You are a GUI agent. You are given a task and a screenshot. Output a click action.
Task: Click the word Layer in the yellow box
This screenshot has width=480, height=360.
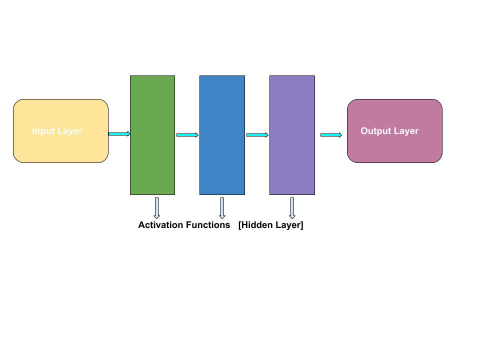[x=69, y=131]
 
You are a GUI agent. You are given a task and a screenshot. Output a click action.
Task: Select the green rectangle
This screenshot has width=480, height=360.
[x=152, y=135]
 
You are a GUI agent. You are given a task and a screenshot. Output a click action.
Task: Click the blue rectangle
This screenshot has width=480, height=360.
[x=222, y=135]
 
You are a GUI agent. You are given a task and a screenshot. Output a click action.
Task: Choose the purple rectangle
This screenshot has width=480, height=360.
[x=292, y=135]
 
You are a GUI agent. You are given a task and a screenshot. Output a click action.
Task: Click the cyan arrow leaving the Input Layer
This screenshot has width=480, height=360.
[x=119, y=134]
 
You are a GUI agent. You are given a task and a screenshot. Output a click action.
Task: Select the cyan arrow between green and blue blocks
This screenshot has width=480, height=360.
[x=187, y=135]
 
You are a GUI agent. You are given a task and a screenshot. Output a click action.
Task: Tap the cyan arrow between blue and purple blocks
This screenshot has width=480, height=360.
[x=257, y=135]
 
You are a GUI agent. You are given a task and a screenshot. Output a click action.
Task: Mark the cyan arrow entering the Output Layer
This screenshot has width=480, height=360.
[x=330, y=135]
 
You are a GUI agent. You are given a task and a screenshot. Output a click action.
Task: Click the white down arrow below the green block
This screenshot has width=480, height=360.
[x=156, y=207]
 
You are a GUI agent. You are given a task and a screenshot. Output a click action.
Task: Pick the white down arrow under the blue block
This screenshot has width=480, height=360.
[x=222, y=207]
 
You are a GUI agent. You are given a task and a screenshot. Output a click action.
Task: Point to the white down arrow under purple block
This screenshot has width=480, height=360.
[x=292, y=207]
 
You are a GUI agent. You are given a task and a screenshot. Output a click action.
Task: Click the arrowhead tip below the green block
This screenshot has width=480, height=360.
[x=156, y=217]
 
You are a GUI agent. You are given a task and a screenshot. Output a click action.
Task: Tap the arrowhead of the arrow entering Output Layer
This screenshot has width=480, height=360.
[x=340, y=135]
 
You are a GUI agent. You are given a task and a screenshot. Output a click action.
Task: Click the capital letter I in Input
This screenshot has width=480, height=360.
[x=33, y=131]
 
